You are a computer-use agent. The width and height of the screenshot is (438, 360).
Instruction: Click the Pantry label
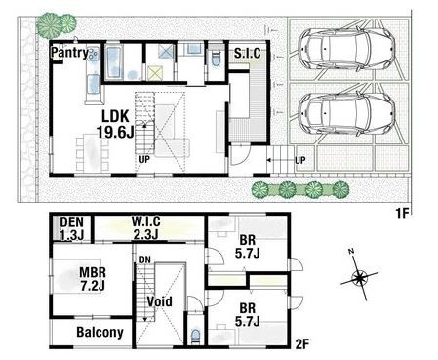(x=69, y=53)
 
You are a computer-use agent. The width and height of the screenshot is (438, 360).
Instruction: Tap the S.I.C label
(x=248, y=53)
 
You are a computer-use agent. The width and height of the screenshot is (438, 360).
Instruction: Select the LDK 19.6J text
(x=115, y=124)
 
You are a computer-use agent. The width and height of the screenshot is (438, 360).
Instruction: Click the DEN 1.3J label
(x=72, y=228)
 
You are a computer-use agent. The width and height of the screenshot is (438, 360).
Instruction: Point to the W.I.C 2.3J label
(x=146, y=227)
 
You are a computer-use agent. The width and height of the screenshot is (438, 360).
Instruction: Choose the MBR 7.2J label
(x=93, y=279)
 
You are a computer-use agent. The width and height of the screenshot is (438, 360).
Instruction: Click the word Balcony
(x=100, y=333)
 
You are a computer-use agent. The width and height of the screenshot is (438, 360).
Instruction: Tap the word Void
(x=159, y=301)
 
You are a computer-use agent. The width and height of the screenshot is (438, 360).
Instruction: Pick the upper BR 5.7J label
(x=248, y=247)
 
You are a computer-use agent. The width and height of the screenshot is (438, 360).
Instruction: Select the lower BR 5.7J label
(x=248, y=314)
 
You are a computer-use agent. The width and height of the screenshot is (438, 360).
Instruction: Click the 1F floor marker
(x=402, y=214)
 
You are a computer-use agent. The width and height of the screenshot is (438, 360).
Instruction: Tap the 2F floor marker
(x=302, y=344)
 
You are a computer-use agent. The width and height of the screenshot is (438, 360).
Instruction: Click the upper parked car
(x=346, y=49)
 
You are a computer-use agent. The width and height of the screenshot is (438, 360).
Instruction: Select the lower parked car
(x=346, y=113)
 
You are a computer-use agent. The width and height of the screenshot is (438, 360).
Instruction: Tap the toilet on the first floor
(x=216, y=60)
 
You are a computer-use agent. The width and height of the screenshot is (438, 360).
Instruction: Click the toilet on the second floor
(x=195, y=336)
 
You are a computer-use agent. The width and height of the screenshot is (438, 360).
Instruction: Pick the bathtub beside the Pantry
(x=114, y=62)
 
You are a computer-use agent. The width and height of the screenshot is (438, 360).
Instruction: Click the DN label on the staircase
(x=144, y=260)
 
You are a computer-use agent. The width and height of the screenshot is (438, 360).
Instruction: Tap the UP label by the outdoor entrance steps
(x=300, y=160)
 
